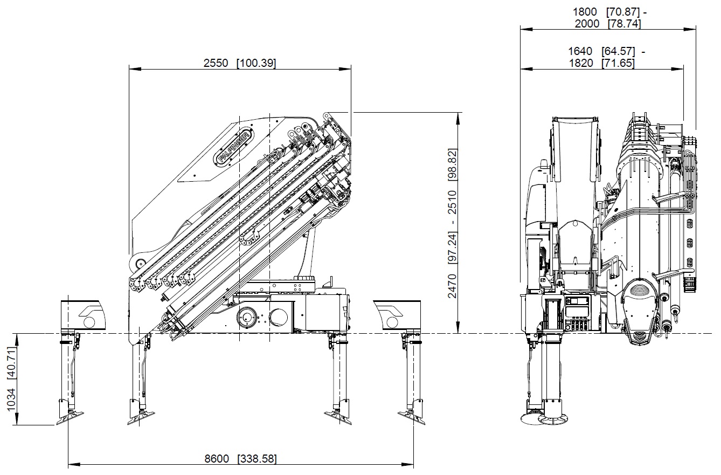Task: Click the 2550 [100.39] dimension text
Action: tap(240, 63)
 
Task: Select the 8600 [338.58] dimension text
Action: tap(240, 459)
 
